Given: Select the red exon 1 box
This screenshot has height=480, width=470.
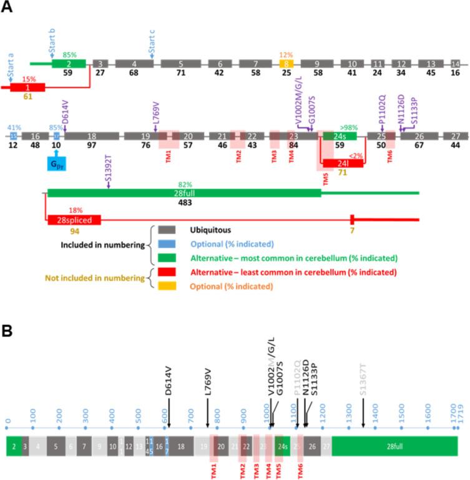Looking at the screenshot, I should point(27,87).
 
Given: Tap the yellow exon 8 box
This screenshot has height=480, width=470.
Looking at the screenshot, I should point(286,64).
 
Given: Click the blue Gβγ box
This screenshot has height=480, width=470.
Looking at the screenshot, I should point(57,164).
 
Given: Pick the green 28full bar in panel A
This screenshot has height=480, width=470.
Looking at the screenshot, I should point(184,193).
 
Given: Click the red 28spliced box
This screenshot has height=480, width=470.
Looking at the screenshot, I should point(74,220).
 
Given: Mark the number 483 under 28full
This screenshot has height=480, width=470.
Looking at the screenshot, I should point(184,203).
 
